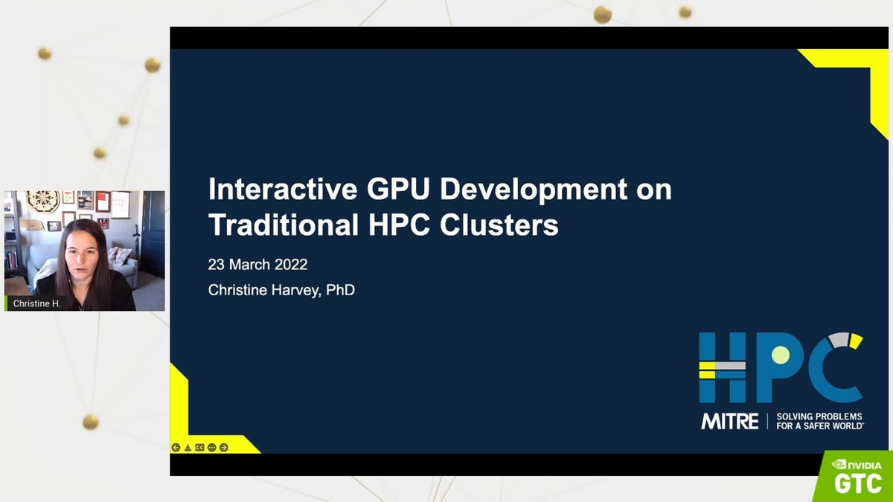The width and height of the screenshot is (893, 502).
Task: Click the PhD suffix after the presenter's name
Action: [340, 290]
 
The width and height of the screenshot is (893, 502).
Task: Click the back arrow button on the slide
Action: [176, 448]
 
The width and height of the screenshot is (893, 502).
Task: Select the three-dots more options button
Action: [212, 448]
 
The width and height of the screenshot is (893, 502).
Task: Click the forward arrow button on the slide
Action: [224, 448]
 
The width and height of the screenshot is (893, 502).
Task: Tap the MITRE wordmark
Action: [729, 421]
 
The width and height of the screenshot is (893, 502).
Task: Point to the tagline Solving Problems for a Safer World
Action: [819, 421]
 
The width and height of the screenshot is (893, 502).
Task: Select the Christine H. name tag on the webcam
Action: [35, 303]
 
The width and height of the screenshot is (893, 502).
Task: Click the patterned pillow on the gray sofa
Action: [118, 257]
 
